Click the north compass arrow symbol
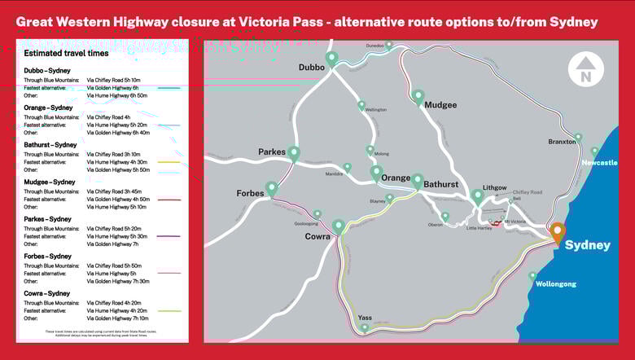click(x=585, y=70)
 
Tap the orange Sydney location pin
click(x=557, y=231)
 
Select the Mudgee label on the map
click(x=440, y=105)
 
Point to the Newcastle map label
click(x=599, y=163)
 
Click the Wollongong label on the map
click(x=555, y=284)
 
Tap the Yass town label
click(x=365, y=318)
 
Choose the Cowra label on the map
click(x=317, y=237)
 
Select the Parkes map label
click(x=272, y=152)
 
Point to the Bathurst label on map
click(x=440, y=185)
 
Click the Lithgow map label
click(x=494, y=187)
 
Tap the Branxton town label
click(x=562, y=142)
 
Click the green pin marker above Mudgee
click(x=418, y=96)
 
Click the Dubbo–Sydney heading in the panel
click(x=48, y=71)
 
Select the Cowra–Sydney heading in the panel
click(x=47, y=293)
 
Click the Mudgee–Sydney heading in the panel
click(x=50, y=182)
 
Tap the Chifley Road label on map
click(x=527, y=192)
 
